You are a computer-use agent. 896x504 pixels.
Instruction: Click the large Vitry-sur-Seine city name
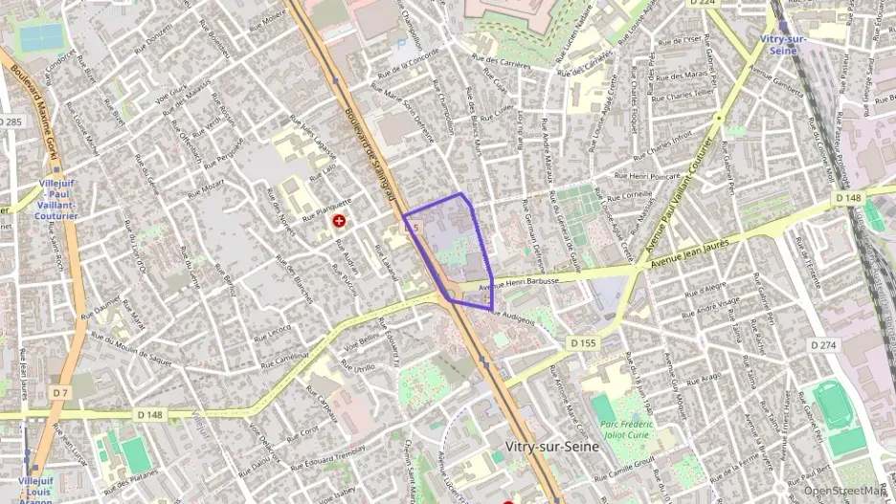[551, 446]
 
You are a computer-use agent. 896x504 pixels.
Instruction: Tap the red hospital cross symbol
[338, 221]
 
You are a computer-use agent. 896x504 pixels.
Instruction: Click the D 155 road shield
[582, 341]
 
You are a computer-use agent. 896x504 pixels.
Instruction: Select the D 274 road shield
[823, 344]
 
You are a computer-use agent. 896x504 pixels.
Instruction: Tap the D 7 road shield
[60, 393]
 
